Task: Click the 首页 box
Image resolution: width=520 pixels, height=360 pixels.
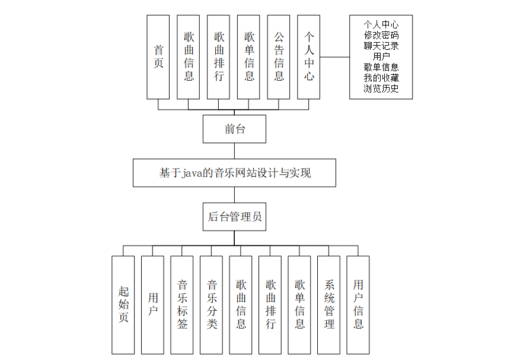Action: pos(158,57)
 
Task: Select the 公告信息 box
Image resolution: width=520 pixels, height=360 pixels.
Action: pos(279,57)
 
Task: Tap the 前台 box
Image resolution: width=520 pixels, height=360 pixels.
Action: pos(234,129)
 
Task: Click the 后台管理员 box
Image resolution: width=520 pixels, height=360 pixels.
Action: pos(234,216)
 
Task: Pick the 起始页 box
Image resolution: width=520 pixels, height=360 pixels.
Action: pos(123,305)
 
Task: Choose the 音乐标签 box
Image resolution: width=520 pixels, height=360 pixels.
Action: pos(182,305)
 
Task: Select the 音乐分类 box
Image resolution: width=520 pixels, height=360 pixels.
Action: pos(211,305)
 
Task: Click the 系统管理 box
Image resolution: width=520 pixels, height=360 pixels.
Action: pos(329,305)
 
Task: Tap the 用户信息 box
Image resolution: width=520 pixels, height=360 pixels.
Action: pos(358,305)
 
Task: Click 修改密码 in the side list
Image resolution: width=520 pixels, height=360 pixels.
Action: pos(381,35)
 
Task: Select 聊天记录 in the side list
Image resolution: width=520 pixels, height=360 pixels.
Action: pos(381,46)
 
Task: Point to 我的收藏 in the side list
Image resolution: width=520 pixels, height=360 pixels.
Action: pos(381,78)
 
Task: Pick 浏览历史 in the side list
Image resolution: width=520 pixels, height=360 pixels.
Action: pos(381,89)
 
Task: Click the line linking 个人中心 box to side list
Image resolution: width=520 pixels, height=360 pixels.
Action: pos(335,57)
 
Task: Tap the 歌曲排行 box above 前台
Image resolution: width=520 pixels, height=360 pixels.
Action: pos(219,57)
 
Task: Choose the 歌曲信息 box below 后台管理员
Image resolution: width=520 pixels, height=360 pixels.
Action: pos(241,305)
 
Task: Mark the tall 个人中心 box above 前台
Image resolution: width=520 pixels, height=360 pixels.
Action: pos(309,57)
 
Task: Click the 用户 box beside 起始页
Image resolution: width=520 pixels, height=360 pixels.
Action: pos(152,305)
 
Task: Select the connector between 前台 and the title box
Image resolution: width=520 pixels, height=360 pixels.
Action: pos(234,151)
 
